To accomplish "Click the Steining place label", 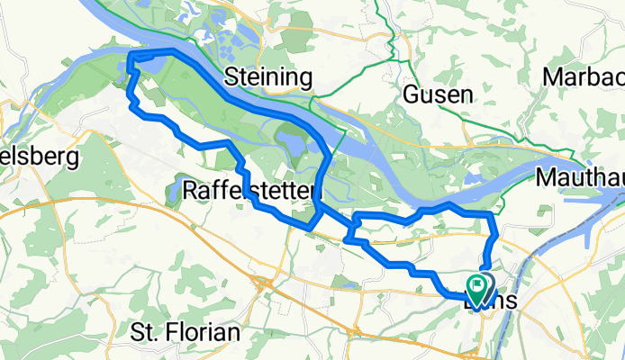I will (267, 76).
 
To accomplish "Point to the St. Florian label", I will (186, 331).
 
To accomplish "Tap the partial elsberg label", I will (40, 157).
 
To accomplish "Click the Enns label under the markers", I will (491, 302).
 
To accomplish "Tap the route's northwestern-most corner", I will (131, 57).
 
